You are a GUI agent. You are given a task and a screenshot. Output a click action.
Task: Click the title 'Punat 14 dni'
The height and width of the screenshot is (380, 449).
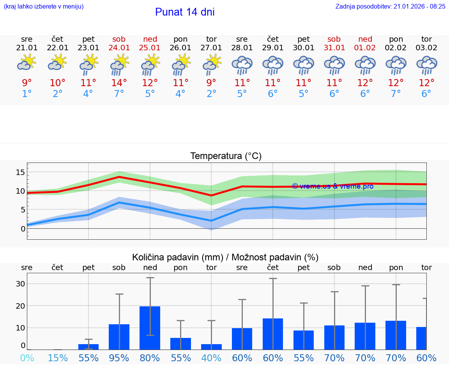pos(185,12)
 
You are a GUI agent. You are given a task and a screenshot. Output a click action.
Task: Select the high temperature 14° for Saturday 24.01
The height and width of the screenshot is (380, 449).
pos(119,83)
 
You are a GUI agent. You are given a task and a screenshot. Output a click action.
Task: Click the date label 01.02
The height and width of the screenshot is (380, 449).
pos(365,48)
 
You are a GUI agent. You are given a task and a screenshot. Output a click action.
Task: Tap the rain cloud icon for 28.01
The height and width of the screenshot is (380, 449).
pos(242,65)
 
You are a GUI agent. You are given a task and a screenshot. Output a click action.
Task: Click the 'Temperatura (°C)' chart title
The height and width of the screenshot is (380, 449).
pos(226,156)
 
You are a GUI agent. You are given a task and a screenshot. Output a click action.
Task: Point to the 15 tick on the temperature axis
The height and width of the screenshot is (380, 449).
pos(20,172)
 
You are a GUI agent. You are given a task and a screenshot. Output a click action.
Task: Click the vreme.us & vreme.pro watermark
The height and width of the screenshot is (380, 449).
pos(332,186)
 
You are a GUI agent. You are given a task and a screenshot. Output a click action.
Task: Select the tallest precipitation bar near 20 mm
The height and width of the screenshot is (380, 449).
pos(150,327)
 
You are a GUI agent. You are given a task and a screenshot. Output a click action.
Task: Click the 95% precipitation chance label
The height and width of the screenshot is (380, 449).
pos(119,358)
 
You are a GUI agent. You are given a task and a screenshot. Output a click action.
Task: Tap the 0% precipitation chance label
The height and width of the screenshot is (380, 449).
pos(27,358)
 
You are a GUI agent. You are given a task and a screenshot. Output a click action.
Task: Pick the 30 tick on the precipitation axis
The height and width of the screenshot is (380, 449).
pos(20,284)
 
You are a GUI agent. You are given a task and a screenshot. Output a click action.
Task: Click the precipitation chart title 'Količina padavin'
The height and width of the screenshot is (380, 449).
pos(225,257)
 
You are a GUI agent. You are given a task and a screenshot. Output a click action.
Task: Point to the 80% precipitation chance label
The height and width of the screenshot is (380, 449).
pos(150,358)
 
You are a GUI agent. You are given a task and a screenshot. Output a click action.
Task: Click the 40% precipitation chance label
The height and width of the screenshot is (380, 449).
pos(211,358)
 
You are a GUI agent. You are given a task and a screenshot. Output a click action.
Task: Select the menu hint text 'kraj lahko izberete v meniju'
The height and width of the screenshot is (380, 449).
pos(43,6)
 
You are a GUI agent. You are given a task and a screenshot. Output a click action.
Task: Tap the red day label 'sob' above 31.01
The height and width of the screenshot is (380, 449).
pos(334,39)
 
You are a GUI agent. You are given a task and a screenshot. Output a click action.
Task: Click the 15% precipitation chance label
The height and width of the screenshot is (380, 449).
pos(57,358)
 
